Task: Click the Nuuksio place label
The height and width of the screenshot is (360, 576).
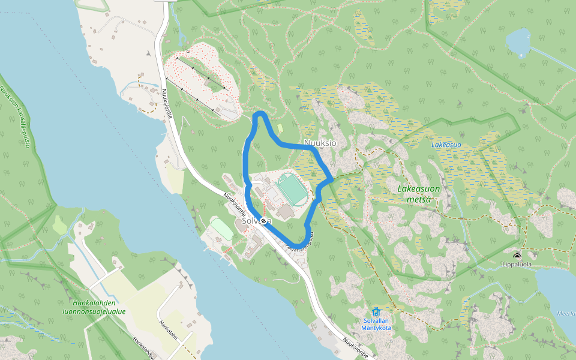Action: point(320,143)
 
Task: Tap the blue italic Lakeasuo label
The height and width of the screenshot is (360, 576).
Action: point(446,145)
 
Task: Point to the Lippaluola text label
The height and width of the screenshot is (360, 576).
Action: point(517,264)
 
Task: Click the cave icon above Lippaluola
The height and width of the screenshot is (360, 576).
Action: point(517,256)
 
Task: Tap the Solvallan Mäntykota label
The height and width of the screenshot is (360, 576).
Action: point(377,324)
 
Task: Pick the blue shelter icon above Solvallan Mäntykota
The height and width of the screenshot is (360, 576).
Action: point(376,311)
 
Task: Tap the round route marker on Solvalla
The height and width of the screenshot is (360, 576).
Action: point(263,221)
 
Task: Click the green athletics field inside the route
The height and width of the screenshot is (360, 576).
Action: point(292,188)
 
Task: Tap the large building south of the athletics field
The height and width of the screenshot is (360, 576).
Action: point(286,211)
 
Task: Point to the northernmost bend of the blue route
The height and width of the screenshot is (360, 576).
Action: point(259,113)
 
